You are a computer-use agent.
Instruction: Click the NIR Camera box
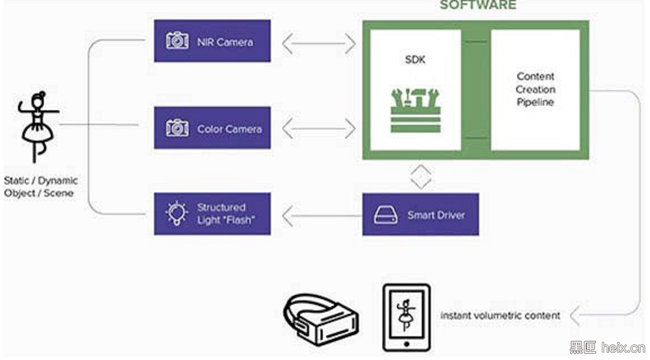(212, 41)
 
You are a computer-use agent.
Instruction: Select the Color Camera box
(212, 128)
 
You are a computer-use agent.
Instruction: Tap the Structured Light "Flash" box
(212, 214)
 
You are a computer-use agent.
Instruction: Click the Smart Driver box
(420, 214)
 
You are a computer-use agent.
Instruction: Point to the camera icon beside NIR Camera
(177, 41)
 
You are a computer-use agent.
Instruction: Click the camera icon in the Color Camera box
(177, 128)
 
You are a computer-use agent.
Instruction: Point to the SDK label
(415, 60)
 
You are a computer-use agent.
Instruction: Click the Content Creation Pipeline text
(535, 89)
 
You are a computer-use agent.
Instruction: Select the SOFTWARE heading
(477, 6)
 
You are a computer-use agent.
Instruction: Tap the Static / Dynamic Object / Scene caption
(40, 187)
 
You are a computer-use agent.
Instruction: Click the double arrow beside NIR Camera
(319, 43)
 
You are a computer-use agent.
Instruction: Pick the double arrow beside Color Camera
(319, 129)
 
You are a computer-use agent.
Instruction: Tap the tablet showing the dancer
(406, 318)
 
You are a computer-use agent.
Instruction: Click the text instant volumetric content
(500, 316)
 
